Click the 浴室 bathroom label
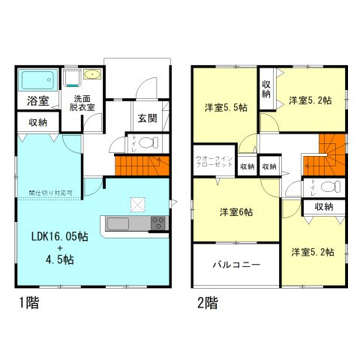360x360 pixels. (x=37, y=100)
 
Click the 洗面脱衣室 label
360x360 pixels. (x=83, y=103)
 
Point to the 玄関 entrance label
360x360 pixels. (x=147, y=118)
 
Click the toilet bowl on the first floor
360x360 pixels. (x=148, y=142)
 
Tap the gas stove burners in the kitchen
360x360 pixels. (x=158, y=223)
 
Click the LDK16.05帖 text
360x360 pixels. (x=59, y=236)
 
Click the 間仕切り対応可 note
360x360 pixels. (x=51, y=192)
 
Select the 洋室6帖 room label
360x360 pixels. (x=235, y=212)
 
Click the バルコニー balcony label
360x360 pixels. (x=235, y=265)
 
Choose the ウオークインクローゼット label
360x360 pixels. (x=214, y=162)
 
